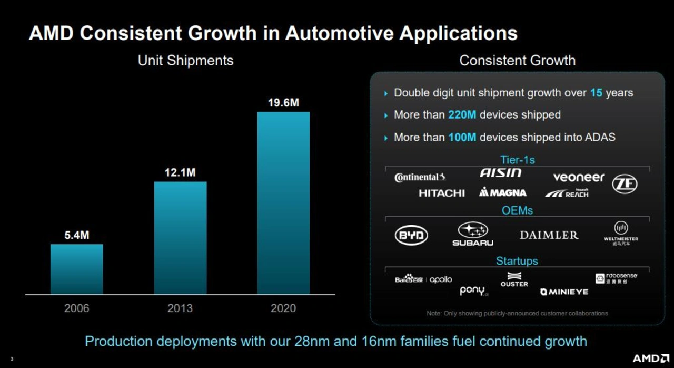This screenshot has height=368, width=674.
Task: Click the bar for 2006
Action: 77,269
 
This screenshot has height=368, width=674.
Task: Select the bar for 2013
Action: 180,238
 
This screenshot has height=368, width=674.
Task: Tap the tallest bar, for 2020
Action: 283,203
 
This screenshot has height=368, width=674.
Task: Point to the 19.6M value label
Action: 283,103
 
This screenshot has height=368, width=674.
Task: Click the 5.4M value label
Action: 77,236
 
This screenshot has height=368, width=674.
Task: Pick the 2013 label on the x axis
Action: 180,308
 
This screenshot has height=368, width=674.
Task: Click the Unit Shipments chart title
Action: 185,61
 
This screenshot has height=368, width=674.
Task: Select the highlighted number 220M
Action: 462,115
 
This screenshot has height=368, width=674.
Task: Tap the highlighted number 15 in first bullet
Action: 596,93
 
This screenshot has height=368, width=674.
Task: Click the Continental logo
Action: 420,177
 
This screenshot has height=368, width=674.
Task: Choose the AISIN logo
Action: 500,173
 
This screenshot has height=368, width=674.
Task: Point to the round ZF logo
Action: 625,184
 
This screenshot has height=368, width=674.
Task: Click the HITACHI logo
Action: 441,193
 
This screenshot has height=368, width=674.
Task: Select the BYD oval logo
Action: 411,235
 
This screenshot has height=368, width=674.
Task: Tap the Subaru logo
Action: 473,234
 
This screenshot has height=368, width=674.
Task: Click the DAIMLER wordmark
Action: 549,235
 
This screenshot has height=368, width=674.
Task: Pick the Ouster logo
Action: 514,279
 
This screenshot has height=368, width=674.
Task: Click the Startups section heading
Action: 517,261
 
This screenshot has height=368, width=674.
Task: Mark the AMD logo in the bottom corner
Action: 650,358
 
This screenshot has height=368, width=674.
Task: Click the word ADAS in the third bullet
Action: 600,138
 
